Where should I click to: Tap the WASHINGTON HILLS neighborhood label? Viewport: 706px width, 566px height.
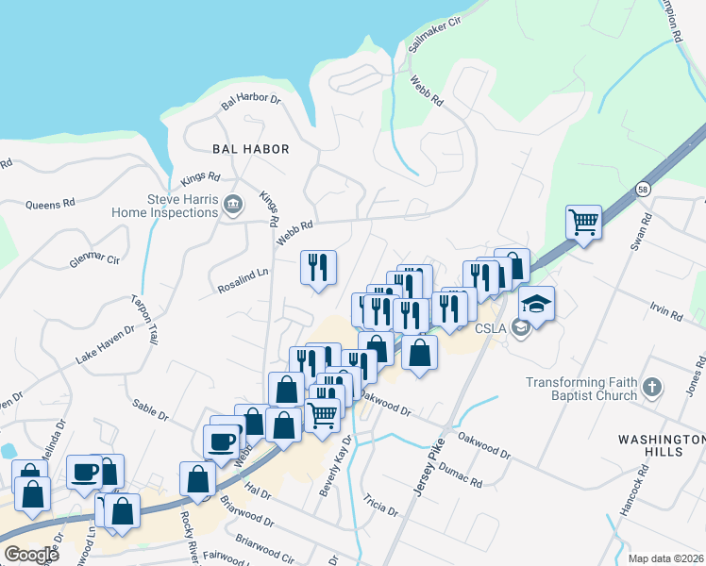click(661, 445)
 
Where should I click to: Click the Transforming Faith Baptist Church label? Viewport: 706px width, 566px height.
click(582, 389)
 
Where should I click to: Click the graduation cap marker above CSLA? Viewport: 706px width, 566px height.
click(536, 305)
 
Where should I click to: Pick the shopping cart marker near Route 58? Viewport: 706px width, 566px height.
click(583, 224)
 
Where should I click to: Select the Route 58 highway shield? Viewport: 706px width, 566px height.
click(643, 188)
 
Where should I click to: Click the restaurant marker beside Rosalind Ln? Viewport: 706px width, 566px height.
click(318, 267)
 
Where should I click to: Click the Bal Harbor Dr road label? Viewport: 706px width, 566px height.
click(252, 99)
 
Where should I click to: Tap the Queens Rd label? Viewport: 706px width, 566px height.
click(50, 204)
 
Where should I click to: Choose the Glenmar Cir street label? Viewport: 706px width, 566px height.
click(94, 258)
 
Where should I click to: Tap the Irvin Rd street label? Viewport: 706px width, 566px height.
click(666, 311)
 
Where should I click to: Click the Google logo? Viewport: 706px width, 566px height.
click(30, 554)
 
